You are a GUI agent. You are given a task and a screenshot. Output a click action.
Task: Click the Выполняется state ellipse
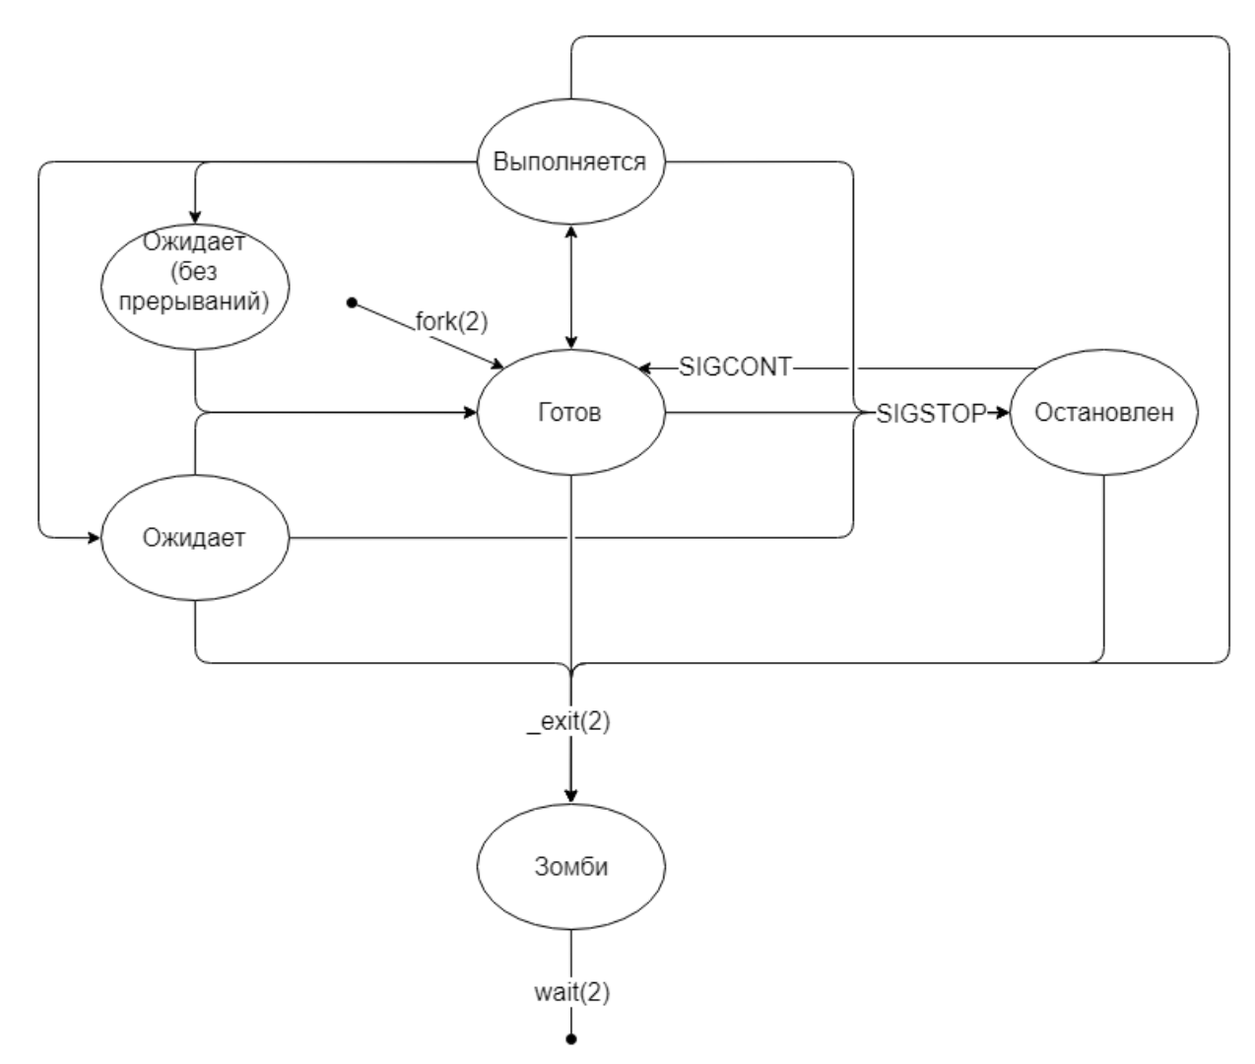click(x=570, y=162)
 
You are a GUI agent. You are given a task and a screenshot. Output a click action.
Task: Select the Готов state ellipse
click(x=570, y=413)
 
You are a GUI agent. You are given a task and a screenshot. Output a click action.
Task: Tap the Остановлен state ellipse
click(x=1104, y=413)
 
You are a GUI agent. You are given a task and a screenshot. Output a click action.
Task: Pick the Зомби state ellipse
click(x=570, y=867)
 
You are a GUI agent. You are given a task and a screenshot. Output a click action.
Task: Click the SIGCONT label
click(x=735, y=367)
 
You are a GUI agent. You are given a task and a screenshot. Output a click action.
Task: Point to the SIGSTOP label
click(x=931, y=414)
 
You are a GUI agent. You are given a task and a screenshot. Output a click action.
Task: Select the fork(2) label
click(x=451, y=320)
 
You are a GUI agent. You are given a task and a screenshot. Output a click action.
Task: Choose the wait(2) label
click(x=571, y=992)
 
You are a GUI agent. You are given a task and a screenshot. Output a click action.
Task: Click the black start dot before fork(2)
click(x=351, y=301)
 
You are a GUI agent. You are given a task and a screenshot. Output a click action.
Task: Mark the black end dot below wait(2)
click(x=571, y=1038)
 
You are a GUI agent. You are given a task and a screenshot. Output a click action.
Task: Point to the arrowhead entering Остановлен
click(x=1003, y=414)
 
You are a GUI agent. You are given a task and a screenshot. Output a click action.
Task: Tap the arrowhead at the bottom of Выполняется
click(x=571, y=233)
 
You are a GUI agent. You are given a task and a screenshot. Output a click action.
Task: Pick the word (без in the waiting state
click(x=195, y=272)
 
